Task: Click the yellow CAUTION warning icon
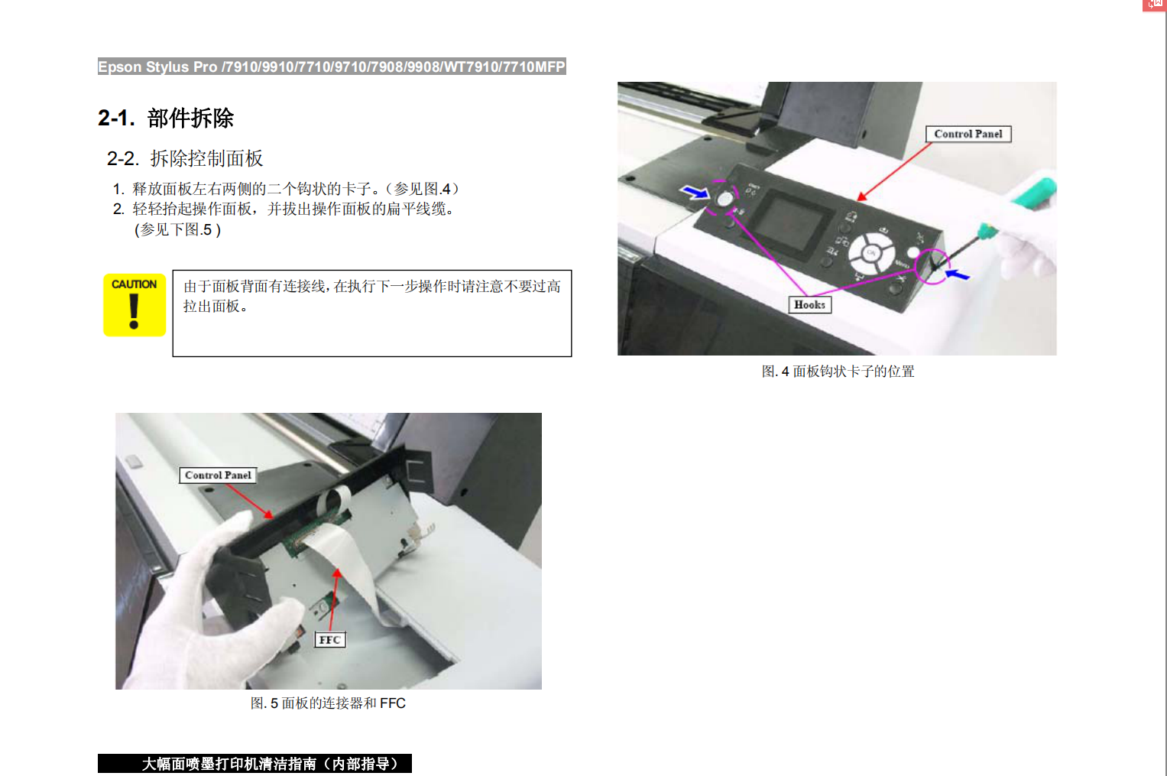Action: [135, 305]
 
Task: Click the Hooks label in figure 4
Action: [809, 305]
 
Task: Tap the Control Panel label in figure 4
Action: [968, 134]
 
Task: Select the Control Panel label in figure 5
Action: [218, 476]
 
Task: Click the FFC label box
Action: [330, 640]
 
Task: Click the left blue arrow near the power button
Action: [695, 193]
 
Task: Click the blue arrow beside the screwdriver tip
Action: [958, 274]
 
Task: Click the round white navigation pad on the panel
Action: [871, 254]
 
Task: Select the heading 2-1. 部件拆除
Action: [166, 118]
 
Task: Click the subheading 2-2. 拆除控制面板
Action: [185, 158]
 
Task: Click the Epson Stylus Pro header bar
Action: [332, 67]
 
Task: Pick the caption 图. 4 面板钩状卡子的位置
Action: [838, 372]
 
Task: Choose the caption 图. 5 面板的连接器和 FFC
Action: [328, 703]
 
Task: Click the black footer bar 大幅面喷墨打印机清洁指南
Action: [254, 764]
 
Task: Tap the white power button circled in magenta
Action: [725, 199]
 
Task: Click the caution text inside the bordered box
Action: [372, 296]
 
